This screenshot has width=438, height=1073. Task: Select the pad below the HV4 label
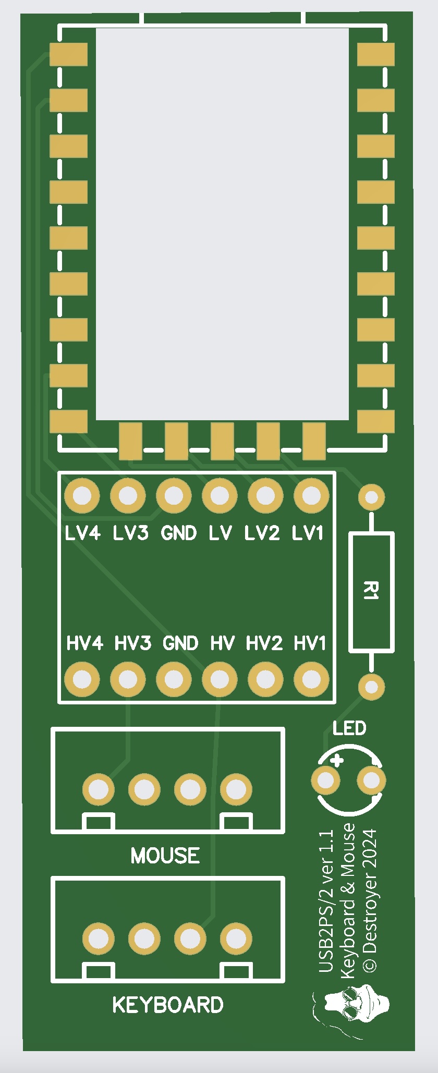coord(82,679)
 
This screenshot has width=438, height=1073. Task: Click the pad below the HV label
coord(220,679)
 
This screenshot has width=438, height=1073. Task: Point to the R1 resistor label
coord(371,591)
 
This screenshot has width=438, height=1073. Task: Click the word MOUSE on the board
coord(165,856)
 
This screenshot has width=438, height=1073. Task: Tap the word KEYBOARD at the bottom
coord(168,1005)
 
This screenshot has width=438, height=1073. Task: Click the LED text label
coord(349,728)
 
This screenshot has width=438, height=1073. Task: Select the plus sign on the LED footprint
coord(337,760)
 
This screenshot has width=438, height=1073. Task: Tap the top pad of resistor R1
coord(371,497)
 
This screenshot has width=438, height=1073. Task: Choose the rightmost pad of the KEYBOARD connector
coord(236,939)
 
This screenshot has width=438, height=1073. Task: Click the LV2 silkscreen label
coord(262,533)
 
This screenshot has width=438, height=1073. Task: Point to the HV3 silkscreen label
coord(133,643)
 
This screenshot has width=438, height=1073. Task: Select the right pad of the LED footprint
coord(371,781)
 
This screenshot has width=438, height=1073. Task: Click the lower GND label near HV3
coord(180,643)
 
